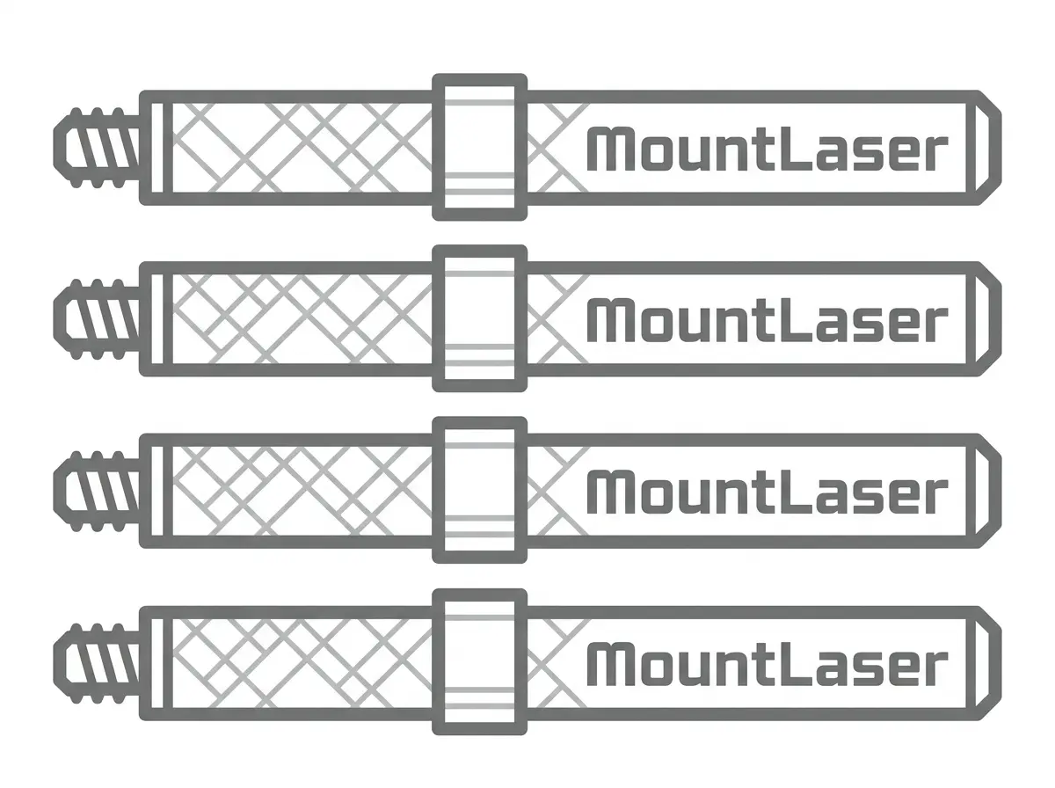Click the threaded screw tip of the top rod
(x=96, y=148)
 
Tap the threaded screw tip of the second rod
(x=96, y=319)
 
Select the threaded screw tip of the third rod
(x=96, y=491)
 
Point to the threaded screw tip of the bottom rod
(x=96, y=663)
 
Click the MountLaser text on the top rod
(x=768, y=149)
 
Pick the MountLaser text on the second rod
(x=768, y=320)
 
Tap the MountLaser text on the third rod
(x=768, y=492)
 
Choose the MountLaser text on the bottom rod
(x=768, y=664)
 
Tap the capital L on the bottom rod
(x=794, y=664)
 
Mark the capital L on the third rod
(x=794, y=492)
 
